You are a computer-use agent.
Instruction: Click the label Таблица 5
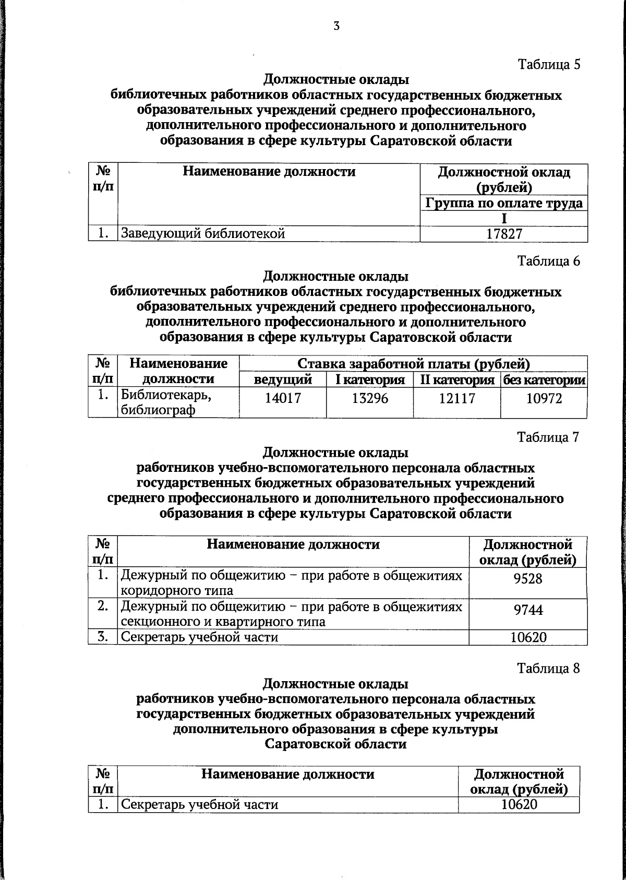(x=548, y=64)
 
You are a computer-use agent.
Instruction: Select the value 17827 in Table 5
(x=504, y=234)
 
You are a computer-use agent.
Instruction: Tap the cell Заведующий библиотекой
(x=203, y=234)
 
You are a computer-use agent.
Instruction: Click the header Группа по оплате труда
(x=504, y=203)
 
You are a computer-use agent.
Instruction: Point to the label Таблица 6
(x=548, y=260)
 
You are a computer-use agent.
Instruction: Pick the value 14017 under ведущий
(x=283, y=399)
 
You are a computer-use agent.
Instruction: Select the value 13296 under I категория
(x=370, y=399)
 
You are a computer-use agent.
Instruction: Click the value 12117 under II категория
(x=457, y=399)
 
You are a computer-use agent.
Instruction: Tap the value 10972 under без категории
(x=544, y=399)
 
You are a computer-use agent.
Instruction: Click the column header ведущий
(x=283, y=379)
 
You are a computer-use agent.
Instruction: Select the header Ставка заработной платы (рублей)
(x=413, y=363)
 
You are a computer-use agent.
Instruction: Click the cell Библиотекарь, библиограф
(x=166, y=402)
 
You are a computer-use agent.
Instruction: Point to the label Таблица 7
(x=548, y=437)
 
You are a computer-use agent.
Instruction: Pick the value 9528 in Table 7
(x=528, y=579)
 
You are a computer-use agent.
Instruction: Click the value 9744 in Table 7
(x=528, y=610)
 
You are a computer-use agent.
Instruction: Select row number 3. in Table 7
(x=103, y=637)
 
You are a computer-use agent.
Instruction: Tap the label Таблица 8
(x=548, y=669)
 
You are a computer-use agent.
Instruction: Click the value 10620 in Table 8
(x=519, y=804)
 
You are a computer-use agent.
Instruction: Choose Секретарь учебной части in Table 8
(x=199, y=804)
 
